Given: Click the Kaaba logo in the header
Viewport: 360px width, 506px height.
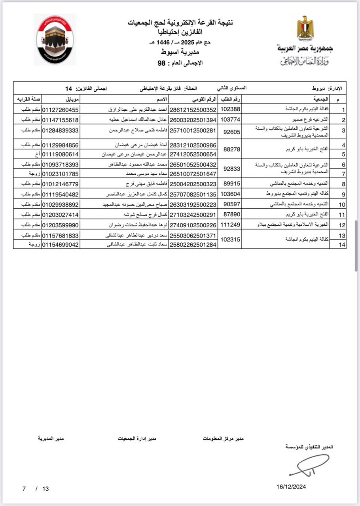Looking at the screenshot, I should [x=55, y=40].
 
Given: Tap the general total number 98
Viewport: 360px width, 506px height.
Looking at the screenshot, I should [x=161, y=63].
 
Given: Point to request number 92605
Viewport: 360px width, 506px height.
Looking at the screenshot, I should [x=230, y=132].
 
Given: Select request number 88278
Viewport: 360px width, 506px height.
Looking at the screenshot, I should [x=230, y=149].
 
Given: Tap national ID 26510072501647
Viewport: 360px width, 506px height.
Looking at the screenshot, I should [x=193, y=174].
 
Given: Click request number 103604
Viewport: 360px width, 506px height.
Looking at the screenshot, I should [x=230, y=194].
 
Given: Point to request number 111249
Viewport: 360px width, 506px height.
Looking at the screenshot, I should [x=230, y=225].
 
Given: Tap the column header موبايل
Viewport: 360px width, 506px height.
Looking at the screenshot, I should [x=61, y=98].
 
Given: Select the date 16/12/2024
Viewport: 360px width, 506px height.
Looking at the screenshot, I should [x=291, y=487].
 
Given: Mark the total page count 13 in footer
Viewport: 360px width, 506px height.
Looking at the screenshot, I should [x=45, y=489].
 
